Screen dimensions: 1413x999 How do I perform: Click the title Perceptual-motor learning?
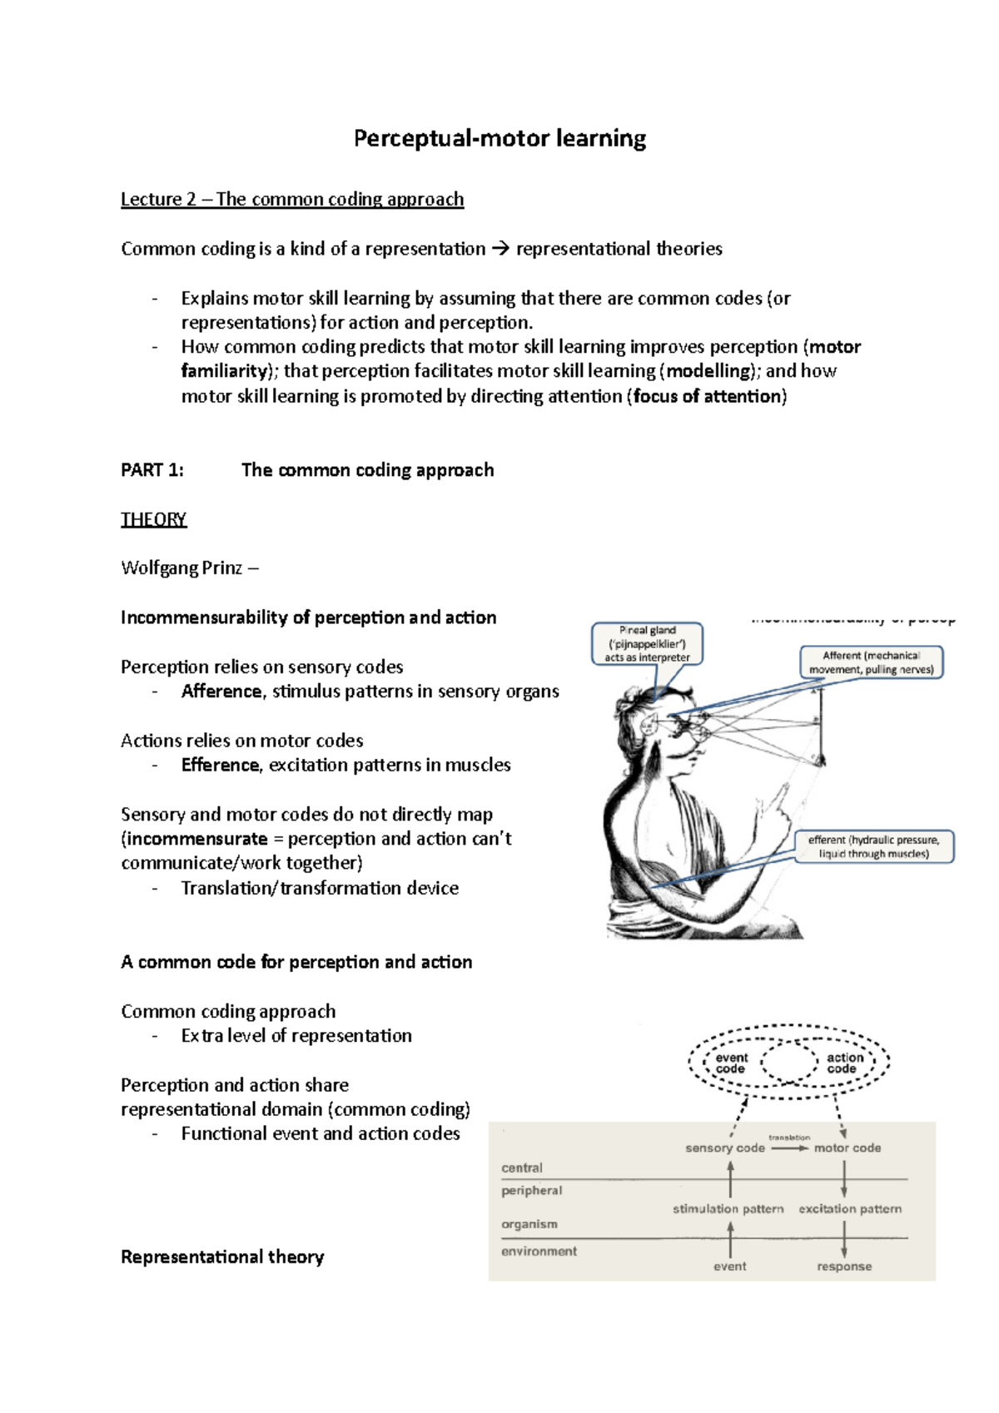pyautogui.click(x=499, y=138)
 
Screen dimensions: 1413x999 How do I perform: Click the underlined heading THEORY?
pyautogui.click(x=153, y=519)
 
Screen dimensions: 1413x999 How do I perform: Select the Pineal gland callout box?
pyautogui.click(x=647, y=643)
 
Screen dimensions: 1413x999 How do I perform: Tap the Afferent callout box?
pyautogui.click(x=872, y=662)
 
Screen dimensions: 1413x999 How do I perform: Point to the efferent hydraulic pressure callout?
pyautogui.click(x=873, y=846)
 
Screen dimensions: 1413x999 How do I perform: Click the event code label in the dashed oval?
pyautogui.click(x=731, y=1063)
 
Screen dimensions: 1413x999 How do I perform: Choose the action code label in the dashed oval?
pyautogui.click(x=844, y=1063)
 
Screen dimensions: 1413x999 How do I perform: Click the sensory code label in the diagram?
pyautogui.click(x=724, y=1148)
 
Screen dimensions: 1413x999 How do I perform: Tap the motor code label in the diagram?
pyautogui.click(x=847, y=1148)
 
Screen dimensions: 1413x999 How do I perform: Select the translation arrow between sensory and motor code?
pyautogui.click(x=789, y=1148)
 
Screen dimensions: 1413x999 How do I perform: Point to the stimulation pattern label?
pyautogui.click(x=728, y=1208)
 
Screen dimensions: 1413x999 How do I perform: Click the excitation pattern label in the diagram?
pyautogui.click(x=850, y=1208)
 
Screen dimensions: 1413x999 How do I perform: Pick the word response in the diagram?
pyautogui.click(x=844, y=1266)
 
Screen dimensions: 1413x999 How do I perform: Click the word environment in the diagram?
pyautogui.click(x=539, y=1251)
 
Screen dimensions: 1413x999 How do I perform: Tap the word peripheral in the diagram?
pyautogui.click(x=531, y=1190)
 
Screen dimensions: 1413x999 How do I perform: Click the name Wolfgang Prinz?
pyautogui.click(x=181, y=568)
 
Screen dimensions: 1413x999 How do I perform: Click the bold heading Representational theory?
pyautogui.click(x=222, y=1257)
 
